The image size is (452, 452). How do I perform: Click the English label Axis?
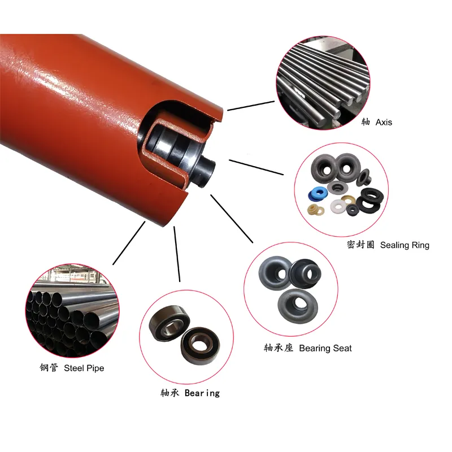pos(384,122)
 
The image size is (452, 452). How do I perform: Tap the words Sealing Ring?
pos(405,245)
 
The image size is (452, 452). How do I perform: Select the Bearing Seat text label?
pos(325,348)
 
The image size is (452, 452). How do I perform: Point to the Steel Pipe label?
pos(84,368)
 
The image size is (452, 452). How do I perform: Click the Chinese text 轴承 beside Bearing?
pos(170,393)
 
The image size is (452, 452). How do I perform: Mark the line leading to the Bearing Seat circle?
pos(231,218)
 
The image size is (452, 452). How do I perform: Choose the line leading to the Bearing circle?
pos(177,254)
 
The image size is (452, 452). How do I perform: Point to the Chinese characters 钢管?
pos(49,368)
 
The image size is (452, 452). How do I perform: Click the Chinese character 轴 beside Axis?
pos(366,122)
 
